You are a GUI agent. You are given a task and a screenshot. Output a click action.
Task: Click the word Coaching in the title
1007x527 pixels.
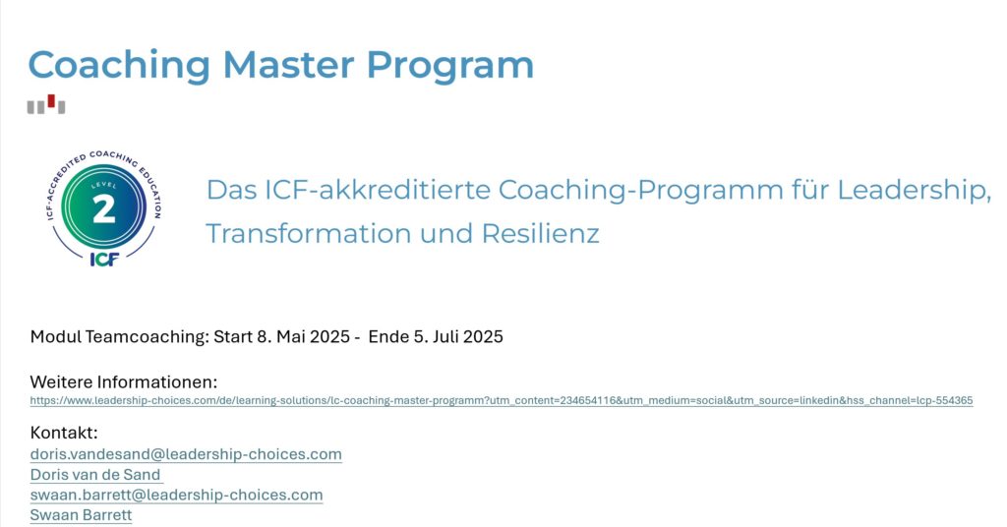pos(119,65)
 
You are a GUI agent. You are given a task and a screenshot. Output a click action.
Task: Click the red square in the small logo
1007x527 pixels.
pos(51,100)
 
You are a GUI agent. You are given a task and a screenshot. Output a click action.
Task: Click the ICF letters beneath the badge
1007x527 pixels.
pos(104,260)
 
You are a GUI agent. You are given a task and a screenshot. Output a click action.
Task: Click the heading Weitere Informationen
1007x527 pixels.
pos(124,381)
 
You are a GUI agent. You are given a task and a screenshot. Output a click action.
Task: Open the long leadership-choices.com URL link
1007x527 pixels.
pos(502,401)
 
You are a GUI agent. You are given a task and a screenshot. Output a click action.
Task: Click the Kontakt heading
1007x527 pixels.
pos(64,433)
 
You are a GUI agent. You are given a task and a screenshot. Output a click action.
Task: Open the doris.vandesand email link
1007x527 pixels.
pos(186,454)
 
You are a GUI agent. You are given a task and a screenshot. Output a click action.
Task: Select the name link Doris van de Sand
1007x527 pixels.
pos(95,475)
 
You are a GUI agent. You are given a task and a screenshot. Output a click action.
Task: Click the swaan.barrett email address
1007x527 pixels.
pos(176,495)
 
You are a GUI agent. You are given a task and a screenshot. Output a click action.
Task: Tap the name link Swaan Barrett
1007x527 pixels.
pos(81,515)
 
